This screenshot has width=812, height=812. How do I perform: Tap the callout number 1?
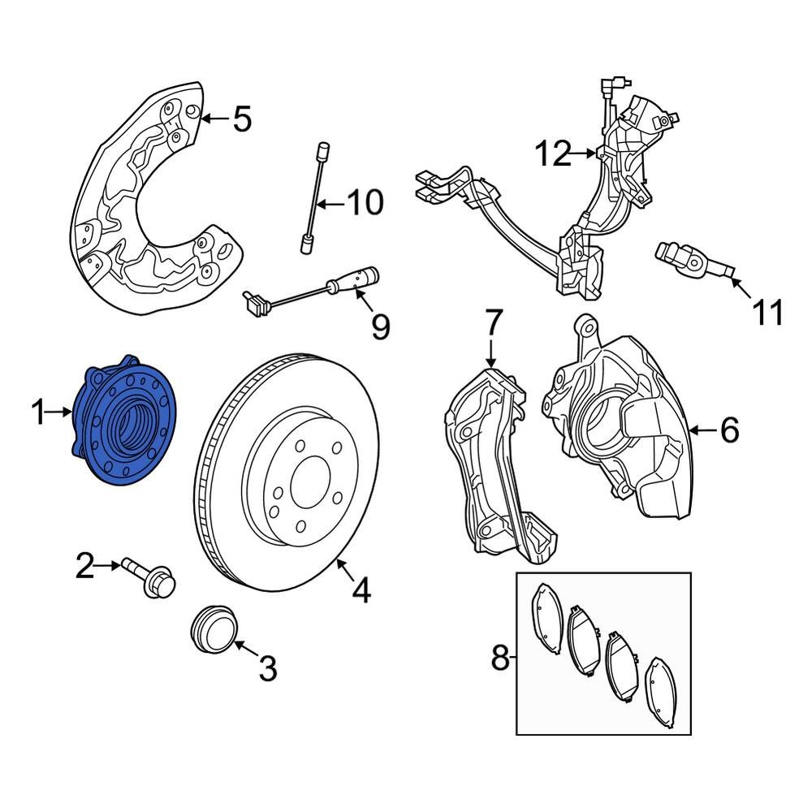coord(38,414)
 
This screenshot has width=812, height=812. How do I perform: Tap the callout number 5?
coord(241,119)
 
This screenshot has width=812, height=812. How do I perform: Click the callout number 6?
coord(728,431)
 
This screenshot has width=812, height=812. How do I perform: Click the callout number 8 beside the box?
coord(500,656)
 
